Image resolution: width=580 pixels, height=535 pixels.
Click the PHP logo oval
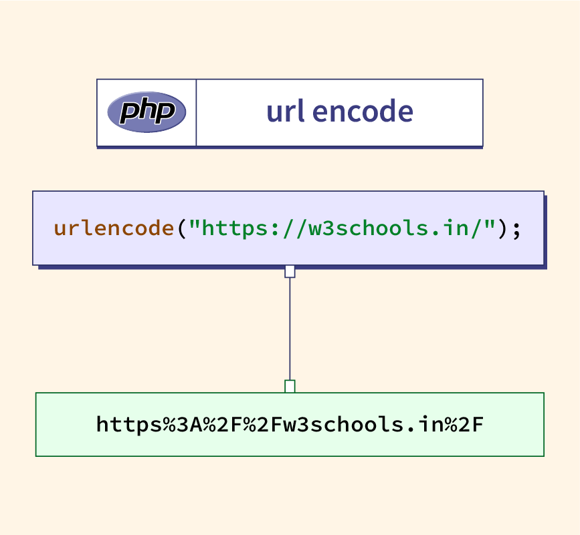click(x=147, y=112)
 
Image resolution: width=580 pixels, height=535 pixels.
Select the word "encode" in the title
click(x=363, y=112)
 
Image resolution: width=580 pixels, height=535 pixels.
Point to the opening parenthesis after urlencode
click(x=181, y=228)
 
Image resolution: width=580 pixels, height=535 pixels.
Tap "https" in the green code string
click(x=234, y=228)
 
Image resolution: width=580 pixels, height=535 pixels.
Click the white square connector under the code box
click(x=290, y=271)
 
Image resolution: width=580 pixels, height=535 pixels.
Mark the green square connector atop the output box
click(x=290, y=386)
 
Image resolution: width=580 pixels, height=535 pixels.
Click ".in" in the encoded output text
click(x=423, y=424)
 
